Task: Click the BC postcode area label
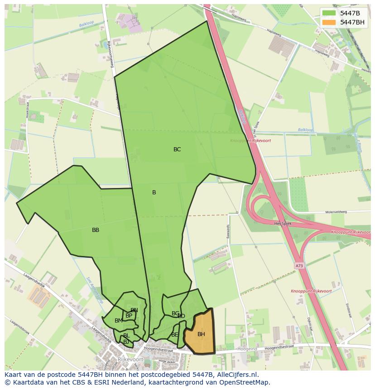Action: (177, 149)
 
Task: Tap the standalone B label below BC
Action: (154, 193)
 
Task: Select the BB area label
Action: (96, 230)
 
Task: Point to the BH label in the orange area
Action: (201, 334)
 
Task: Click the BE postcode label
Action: (175, 335)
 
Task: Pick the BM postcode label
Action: (118, 321)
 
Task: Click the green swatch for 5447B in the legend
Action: (329, 13)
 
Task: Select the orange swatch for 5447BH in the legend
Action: (329, 22)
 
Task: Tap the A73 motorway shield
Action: (299, 266)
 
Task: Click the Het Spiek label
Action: (283, 224)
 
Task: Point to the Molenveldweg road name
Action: (336, 212)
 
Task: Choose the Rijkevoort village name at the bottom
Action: (130, 359)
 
